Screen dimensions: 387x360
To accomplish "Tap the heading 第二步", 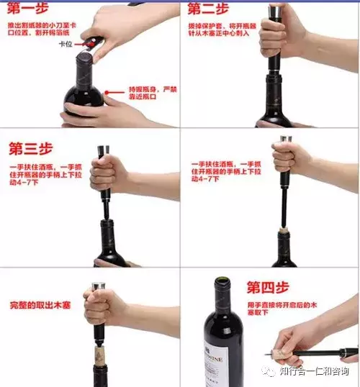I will [x=209, y=9].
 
